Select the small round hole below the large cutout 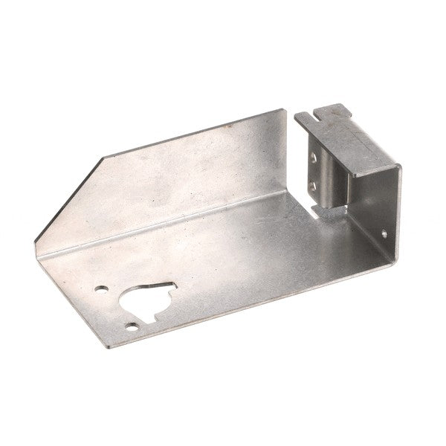pyautogui.click(x=132, y=325)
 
